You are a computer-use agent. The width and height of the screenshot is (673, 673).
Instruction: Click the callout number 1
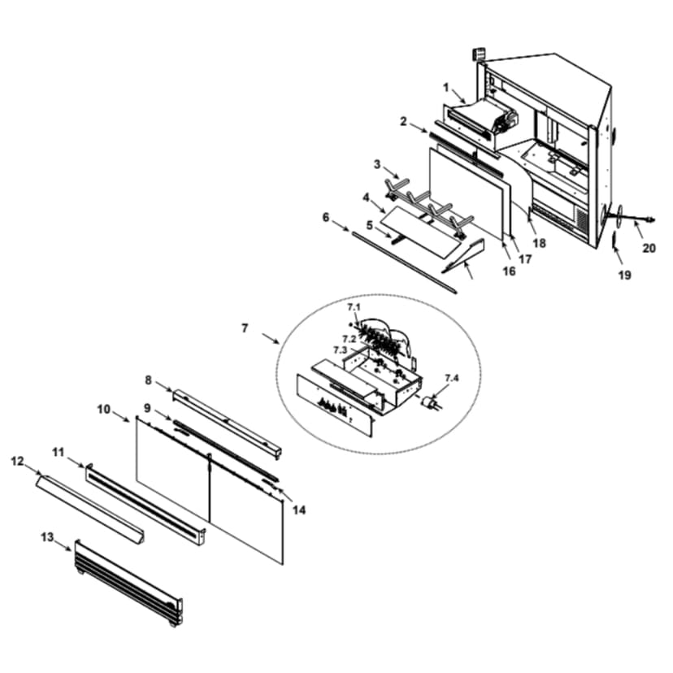(445, 86)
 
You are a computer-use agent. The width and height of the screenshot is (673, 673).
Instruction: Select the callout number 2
(403, 120)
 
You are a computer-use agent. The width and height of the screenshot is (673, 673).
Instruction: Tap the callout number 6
(326, 217)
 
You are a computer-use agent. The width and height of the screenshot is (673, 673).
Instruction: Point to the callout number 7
(245, 329)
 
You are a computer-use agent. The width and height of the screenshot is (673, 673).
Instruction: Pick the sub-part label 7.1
(353, 307)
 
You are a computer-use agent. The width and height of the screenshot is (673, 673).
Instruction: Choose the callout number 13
(47, 536)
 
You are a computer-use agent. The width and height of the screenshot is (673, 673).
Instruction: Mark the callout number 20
(649, 248)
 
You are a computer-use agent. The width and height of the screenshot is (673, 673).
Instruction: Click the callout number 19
(624, 275)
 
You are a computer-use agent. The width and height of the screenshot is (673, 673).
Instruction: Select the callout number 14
(299, 510)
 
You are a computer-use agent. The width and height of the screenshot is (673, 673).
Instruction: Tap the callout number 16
(509, 271)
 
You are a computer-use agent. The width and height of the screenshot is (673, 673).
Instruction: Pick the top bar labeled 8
(228, 423)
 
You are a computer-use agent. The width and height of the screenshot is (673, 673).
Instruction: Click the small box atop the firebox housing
(480, 55)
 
